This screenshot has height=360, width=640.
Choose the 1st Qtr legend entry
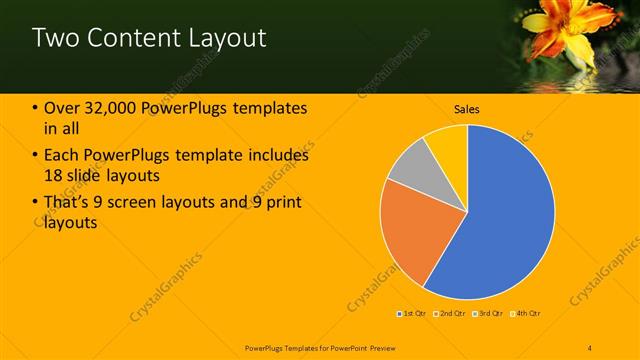[411, 314]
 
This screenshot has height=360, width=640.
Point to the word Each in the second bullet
[62, 156]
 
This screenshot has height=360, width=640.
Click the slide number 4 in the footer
[589, 347]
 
